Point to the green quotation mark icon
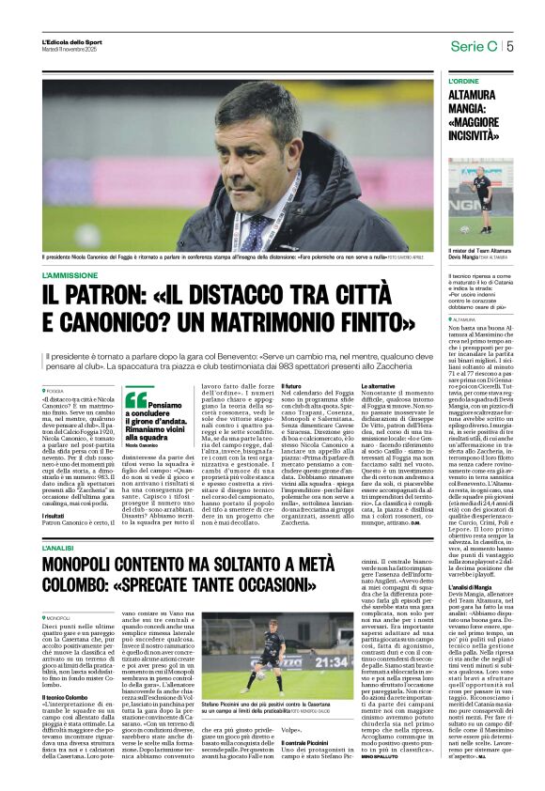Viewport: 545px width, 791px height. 135,398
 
